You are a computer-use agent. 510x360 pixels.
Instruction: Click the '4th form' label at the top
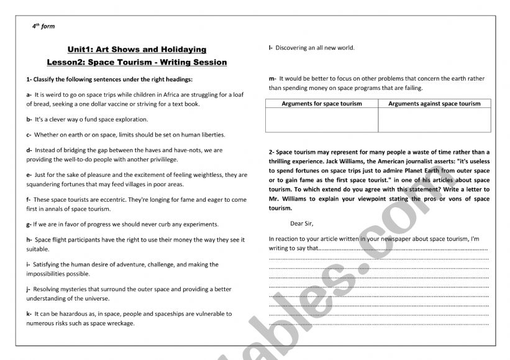pos(43,27)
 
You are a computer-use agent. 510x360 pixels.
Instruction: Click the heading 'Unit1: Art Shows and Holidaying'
pos(136,49)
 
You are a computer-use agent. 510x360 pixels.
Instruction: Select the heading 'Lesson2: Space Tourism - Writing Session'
pos(137,62)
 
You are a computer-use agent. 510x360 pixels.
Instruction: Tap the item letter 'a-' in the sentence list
pos(29,92)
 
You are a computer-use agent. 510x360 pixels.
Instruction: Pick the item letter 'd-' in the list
pos(29,150)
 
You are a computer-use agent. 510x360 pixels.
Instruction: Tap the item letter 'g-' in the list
pos(29,224)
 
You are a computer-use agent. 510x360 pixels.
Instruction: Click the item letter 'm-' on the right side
pos(272,78)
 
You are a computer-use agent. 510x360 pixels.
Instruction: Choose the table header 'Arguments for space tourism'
pos(322,104)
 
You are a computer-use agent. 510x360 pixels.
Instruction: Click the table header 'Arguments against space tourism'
pos(434,104)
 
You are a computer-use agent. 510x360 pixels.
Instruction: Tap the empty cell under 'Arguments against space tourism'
pos(434,120)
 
